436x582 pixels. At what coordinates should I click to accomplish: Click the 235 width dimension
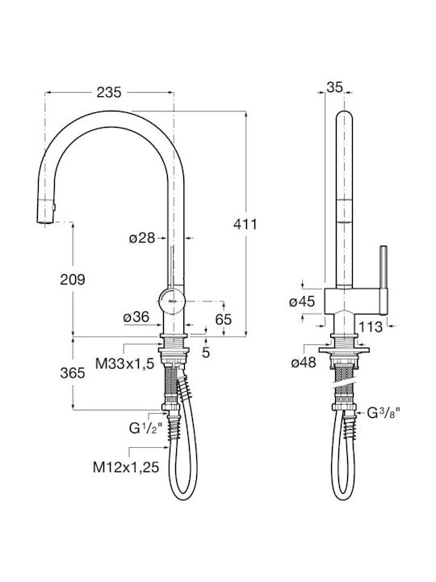(x=109, y=92)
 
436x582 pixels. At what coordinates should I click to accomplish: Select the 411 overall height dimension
(x=245, y=224)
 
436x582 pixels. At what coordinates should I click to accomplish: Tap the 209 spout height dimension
(x=73, y=280)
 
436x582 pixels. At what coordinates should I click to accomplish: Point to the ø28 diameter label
(x=142, y=238)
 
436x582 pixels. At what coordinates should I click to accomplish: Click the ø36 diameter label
(x=136, y=317)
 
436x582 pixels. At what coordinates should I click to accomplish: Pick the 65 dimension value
(x=224, y=319)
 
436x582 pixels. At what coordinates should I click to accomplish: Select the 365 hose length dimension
(x=73, y=373)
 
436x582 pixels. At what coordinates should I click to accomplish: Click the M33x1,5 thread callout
(x=124, y=364)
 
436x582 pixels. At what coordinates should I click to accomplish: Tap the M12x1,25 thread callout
(x=126, y=467)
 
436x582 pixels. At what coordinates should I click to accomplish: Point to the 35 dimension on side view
(x=334, y=87)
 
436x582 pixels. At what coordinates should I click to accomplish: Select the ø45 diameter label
(x=302, y=302)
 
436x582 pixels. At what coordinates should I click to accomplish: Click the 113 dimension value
(x=370, y=327)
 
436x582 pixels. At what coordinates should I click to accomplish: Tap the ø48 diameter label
(x=304, y=362)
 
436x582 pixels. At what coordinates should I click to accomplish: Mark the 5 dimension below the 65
(x=206, y=352)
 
